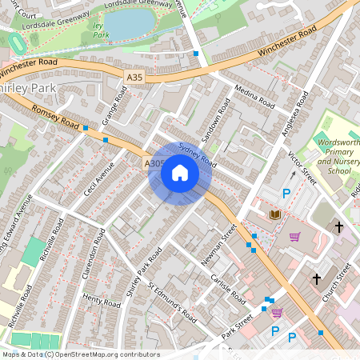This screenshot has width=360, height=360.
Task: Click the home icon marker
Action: tap(180, 173)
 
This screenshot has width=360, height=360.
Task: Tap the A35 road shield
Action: tap(135, 76)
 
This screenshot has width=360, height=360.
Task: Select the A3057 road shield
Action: tap(155, 163)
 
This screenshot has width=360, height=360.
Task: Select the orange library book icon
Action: tap(276, 214)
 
